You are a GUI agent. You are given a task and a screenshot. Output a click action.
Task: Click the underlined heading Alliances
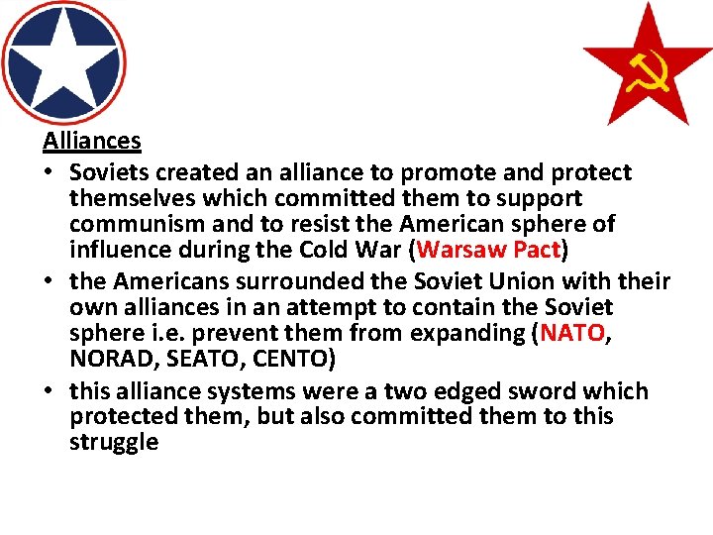(x=92, y=142)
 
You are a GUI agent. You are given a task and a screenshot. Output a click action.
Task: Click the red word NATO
(x=572, y=334)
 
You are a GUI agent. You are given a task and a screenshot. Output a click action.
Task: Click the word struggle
(x=114, y=442)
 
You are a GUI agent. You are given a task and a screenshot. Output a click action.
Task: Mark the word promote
(x=419, y=173)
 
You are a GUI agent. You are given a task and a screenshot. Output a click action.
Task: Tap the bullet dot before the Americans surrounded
(x=50, y=282)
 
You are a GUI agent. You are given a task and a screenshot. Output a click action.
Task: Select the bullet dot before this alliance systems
(x=50, y=392)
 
